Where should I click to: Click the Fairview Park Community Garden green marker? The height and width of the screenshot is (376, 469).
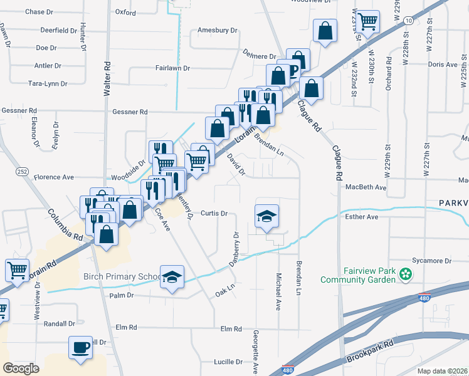pyautogui.click(x=406, y=274)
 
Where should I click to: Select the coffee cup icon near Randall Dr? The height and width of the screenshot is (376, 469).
pyautogui.click(x=80, y=347)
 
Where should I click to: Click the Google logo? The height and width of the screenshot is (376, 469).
pyautogui.click(x=21, y=368)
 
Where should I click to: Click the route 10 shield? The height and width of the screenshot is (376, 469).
pyautogui.click(x=408, y=21)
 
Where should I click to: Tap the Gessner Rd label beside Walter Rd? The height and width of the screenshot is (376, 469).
pyautogui.click(x=130, y=112)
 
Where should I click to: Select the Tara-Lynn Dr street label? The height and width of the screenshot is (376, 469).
pyautogui.click(x=48, y=83)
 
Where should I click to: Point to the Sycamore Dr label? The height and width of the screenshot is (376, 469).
pyautogui.click(x=431, y=261)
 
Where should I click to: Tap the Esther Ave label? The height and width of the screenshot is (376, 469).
pyautogui.click(x=362, y=217)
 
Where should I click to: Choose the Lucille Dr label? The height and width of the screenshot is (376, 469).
pyautogui.click(x=228, y=362)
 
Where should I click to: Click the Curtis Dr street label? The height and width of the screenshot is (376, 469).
pyautogui.click(x=213, y=213)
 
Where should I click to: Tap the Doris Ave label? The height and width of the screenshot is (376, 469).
pyautogui.click(x=442, y=65)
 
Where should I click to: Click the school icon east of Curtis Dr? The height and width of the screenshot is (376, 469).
pyautogui.click(x=267, y=216)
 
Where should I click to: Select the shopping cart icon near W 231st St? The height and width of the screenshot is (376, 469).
pyautogui.click(x=368, y=22)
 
